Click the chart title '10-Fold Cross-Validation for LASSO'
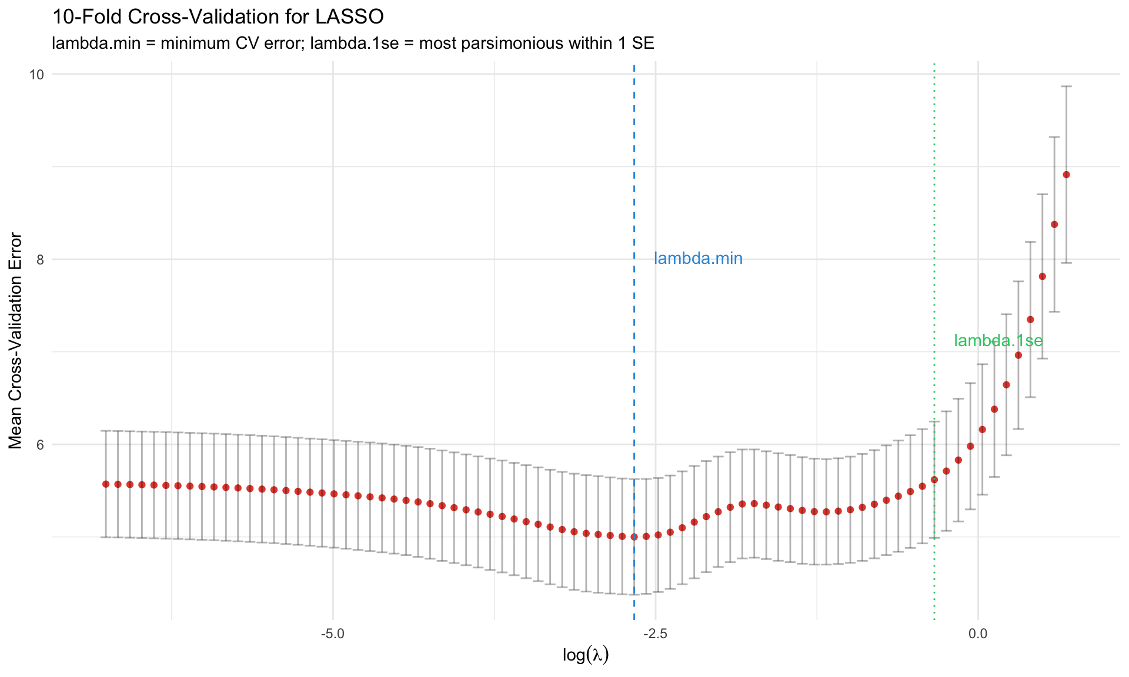(x=218, y=17)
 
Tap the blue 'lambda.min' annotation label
(x=698, y=259)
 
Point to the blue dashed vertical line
(x=634, y=176)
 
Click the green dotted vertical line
(x=934, y=176)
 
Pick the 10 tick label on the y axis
(x=38, y=75)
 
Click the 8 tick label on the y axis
(x=41, y=260)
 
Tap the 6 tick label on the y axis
(x=41, y=445)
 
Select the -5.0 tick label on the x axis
(x=333, y=635)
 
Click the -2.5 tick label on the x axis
(x=655, y=635)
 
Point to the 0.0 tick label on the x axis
(x=978, y=635)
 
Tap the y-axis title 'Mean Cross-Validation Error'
(x=16, y=341)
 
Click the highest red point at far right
(x=1066, y=175)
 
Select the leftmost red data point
(x=106, y=484)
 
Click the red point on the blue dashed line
(x=634, y=537)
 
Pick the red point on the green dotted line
(x=934, y=480)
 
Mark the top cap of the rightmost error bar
(x=1066, y=86)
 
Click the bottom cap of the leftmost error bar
(x=106, y=537)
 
